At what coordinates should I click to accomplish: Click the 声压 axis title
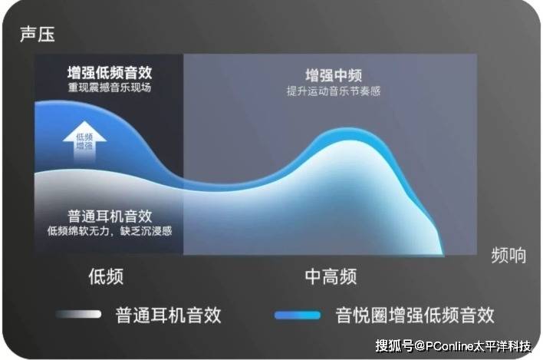[x=38, y=35]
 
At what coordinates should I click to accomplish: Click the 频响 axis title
[x=508, y=256]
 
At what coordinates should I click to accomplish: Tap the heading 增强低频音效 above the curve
[x=110, y=73]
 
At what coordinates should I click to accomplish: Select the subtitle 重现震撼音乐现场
[x=110, y=88]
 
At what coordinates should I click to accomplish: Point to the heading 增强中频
[x=334, y=75]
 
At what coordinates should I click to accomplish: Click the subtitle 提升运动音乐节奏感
[x=334, y=91]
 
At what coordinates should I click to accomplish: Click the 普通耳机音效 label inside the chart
[x=110, y=216]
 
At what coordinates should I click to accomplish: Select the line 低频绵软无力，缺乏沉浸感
[x=110, y=231]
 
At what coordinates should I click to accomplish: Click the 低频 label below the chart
[x=106, y=276]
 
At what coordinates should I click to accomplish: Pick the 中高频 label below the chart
[x=331, y=276]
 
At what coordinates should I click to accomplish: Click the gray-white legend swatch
[x=78, y=314]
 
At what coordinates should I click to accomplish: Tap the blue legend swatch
[x=298, y=315]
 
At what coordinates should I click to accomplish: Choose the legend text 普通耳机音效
[x=168, y=315]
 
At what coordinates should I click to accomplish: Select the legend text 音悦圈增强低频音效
[x=414, y=315]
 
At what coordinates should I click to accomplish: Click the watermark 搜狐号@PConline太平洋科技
[x=454, y=345]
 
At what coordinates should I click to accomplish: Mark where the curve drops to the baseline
[x=443, y=254]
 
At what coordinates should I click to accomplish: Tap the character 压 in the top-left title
[x=47, y=35]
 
